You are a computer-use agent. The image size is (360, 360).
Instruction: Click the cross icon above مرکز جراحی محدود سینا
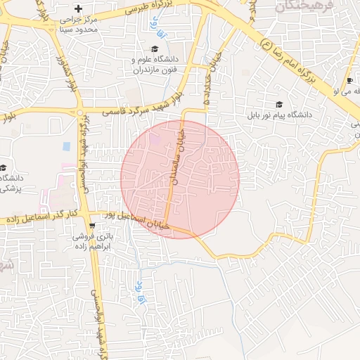click(x=78, y=8)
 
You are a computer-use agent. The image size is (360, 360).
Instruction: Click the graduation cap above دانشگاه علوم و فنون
click(x=155, y=49)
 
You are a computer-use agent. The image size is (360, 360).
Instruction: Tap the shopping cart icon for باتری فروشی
click(x=91, y=226)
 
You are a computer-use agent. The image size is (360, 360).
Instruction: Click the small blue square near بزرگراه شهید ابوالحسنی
click(x=67, y=146)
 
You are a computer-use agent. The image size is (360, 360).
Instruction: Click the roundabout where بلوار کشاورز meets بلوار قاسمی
click(x=82, y=112)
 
